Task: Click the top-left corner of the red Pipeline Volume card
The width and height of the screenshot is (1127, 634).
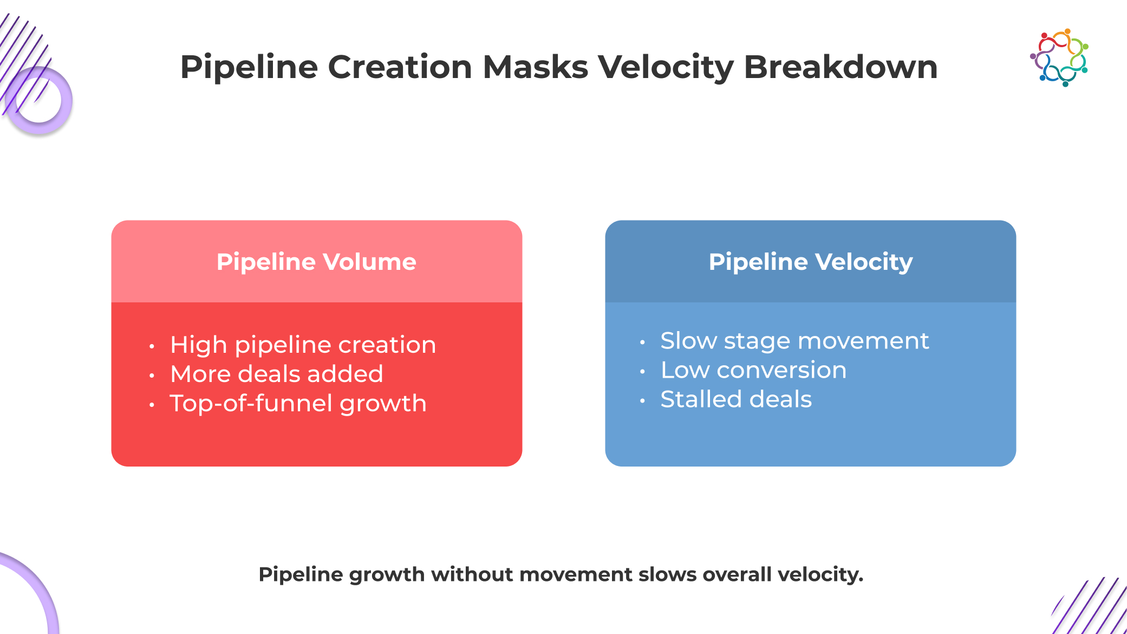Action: [x=112, y=221]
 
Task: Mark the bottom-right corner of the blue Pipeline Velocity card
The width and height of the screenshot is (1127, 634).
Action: [x=1015, y=465]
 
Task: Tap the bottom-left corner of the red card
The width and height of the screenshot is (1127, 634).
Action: [x=112, y=465]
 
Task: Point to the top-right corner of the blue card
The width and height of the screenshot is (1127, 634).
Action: [x=1015, y=221]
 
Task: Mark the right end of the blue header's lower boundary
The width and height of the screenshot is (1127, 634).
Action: [x=1015, y=302]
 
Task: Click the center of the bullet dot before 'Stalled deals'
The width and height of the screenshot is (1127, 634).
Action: [x=642, y=401]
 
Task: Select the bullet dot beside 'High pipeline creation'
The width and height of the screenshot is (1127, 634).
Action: [x=152, y=346]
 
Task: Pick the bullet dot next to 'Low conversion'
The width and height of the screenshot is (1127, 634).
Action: [x=642, y=372]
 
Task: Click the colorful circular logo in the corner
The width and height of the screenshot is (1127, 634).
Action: [x=1059, y=57]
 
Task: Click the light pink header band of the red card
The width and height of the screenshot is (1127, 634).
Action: [x=317, y=262]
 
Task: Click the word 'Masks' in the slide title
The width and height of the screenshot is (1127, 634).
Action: [x=535, y=67]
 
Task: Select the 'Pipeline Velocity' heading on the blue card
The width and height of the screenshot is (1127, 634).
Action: [x=811, y=262]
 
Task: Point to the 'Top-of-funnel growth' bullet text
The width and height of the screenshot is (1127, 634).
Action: [x=298, y=403]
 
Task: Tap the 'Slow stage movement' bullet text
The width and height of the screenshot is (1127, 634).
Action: [x=794, y=341]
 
